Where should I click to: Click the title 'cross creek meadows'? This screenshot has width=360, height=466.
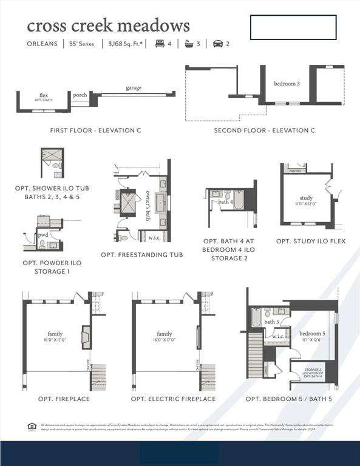(x=108, y=25)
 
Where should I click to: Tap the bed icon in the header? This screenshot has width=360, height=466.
(x=160, y=44)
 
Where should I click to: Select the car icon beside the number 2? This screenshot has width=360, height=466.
(x=218, y=44)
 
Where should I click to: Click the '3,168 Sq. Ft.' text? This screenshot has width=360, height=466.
(x=126, y=44)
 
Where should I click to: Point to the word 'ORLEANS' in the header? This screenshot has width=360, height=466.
(x=42, y=44)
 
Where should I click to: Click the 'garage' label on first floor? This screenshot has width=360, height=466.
(x=134, y=88)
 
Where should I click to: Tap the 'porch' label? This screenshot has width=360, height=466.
(x=80, y=95)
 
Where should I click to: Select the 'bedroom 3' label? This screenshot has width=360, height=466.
(x=287, y=84)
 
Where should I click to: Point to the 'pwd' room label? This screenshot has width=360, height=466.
(x=43, y=234)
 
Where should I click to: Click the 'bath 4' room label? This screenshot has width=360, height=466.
(x=225, y=201)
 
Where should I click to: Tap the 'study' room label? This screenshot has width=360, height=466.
(x=305, y=198)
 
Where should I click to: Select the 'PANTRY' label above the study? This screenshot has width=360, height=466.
(x=296, y=171)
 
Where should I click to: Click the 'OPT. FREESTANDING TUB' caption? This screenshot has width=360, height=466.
(x=141, y=255)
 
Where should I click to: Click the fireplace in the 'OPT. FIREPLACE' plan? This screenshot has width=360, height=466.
(x=86, y=337)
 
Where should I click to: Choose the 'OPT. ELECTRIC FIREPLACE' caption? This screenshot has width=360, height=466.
(x=173, y=399)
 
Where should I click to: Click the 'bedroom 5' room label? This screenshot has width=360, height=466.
(x=312, y=334)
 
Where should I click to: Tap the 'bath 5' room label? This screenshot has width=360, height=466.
(x=272, y=322)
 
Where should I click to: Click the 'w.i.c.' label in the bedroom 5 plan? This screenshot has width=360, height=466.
(x=279, y=336)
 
